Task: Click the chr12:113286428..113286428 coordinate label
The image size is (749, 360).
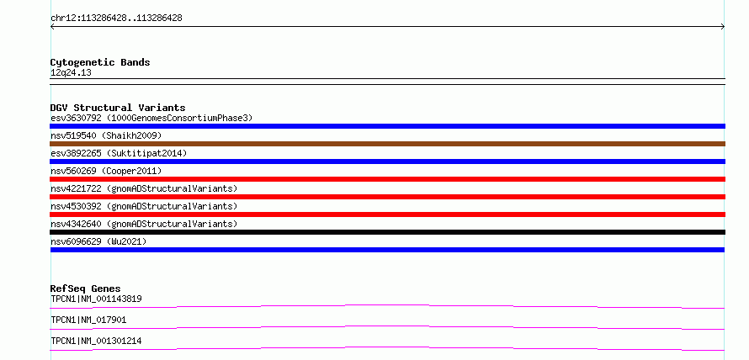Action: click(116, 19)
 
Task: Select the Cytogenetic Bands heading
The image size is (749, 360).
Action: click(100, 62)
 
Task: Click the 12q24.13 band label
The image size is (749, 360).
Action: click(71, 73)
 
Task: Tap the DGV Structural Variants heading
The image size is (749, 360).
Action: click(118, 108)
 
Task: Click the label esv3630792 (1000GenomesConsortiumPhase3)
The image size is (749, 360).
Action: click(151, 118)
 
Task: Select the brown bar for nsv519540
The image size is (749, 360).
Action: click(387, 144)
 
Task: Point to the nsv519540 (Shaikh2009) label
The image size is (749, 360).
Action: click(106, 135)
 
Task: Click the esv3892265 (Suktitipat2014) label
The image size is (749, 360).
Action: click(119, 153)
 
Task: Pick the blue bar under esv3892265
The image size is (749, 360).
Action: click(387, 161)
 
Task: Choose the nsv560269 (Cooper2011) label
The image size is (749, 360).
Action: click(106, 171)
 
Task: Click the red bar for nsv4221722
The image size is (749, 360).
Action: click(387, 197)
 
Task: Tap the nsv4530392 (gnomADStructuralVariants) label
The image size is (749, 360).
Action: click(144, 206)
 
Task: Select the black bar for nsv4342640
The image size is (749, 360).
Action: click(387, 232)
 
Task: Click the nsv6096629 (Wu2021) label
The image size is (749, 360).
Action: click(98, 241)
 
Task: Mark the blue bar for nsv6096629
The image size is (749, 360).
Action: click(387, 250)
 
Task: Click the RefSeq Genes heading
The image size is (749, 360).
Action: click(86, 289)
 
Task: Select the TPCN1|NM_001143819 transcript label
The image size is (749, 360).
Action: click(96, 299)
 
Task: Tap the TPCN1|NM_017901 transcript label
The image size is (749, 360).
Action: click(88, 320)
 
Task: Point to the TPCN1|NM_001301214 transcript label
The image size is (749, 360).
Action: click(96, 341)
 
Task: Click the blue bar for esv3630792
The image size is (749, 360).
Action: click(387, 126)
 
